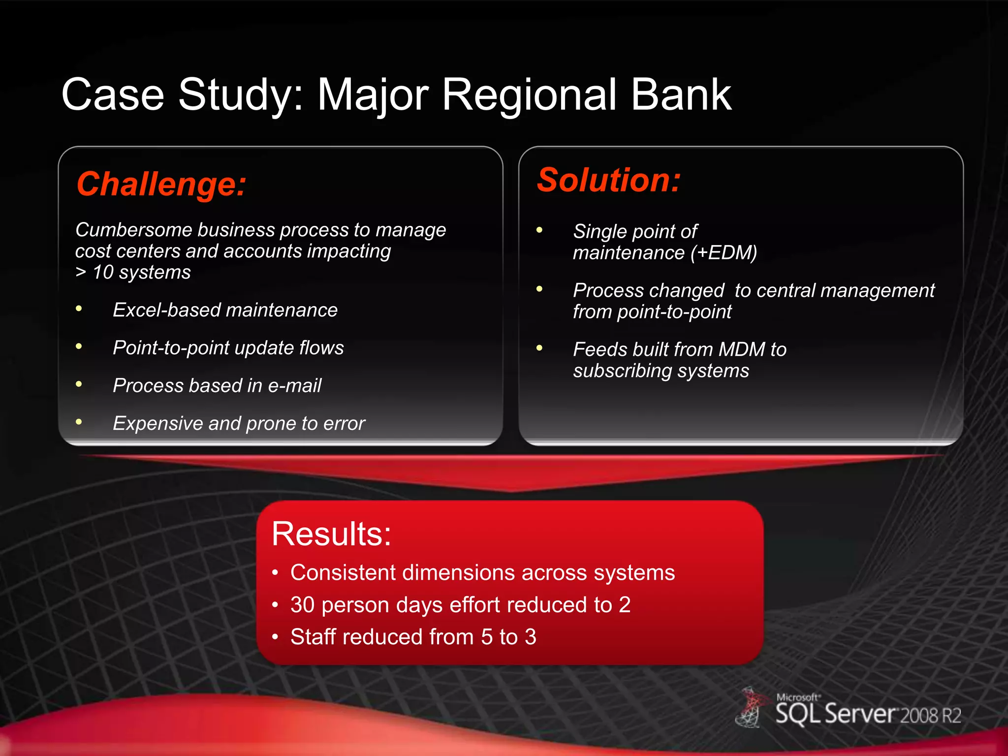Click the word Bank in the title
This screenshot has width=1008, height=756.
(681, 94)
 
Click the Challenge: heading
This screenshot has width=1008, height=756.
(161, 184)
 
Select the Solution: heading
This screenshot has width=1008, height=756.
(609, 180)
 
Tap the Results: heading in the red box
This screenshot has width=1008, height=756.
(331, 534)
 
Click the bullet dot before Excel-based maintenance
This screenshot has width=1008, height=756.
(79, 309)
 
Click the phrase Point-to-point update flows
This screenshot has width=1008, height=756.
(228, 348)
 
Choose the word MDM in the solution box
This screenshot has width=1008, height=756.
(742, 349)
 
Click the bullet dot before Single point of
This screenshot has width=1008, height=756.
(539, 230)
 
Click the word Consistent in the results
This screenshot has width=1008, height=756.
(343, 573)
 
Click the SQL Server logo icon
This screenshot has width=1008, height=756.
(750, 708)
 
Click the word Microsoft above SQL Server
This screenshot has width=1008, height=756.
(797, 697)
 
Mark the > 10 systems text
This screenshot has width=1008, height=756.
(133, 273)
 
